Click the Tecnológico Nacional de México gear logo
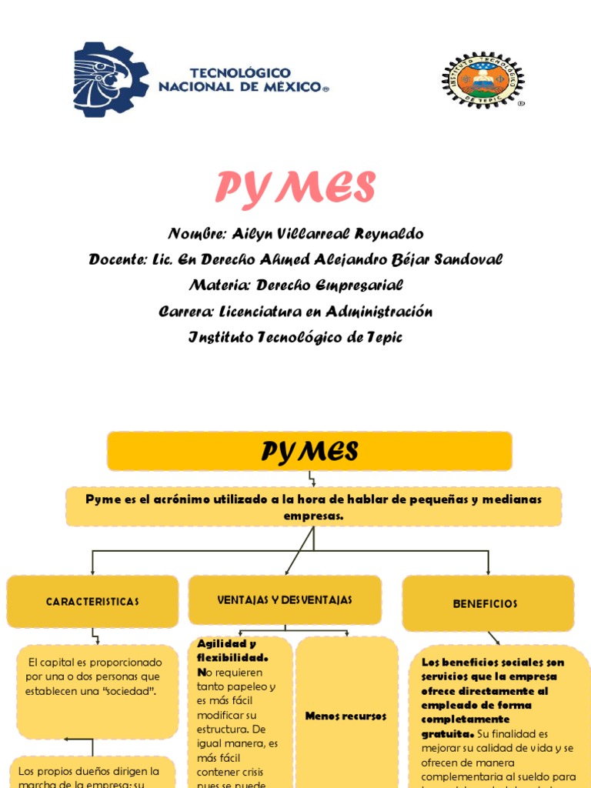pos(111,80)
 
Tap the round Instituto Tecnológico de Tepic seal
pos(482,80)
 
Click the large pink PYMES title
pos(295,187)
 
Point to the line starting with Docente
pos(295,260)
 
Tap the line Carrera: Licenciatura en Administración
pos(295,312)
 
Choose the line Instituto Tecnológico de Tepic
pos(295,337)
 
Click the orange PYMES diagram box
pos(309,451)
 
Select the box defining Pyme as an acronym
pos(313,507)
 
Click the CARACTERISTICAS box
pos(92,602)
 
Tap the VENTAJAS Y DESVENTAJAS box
pos(285,599)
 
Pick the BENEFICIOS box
pos(488,604)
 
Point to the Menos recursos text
pos(346,716)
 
